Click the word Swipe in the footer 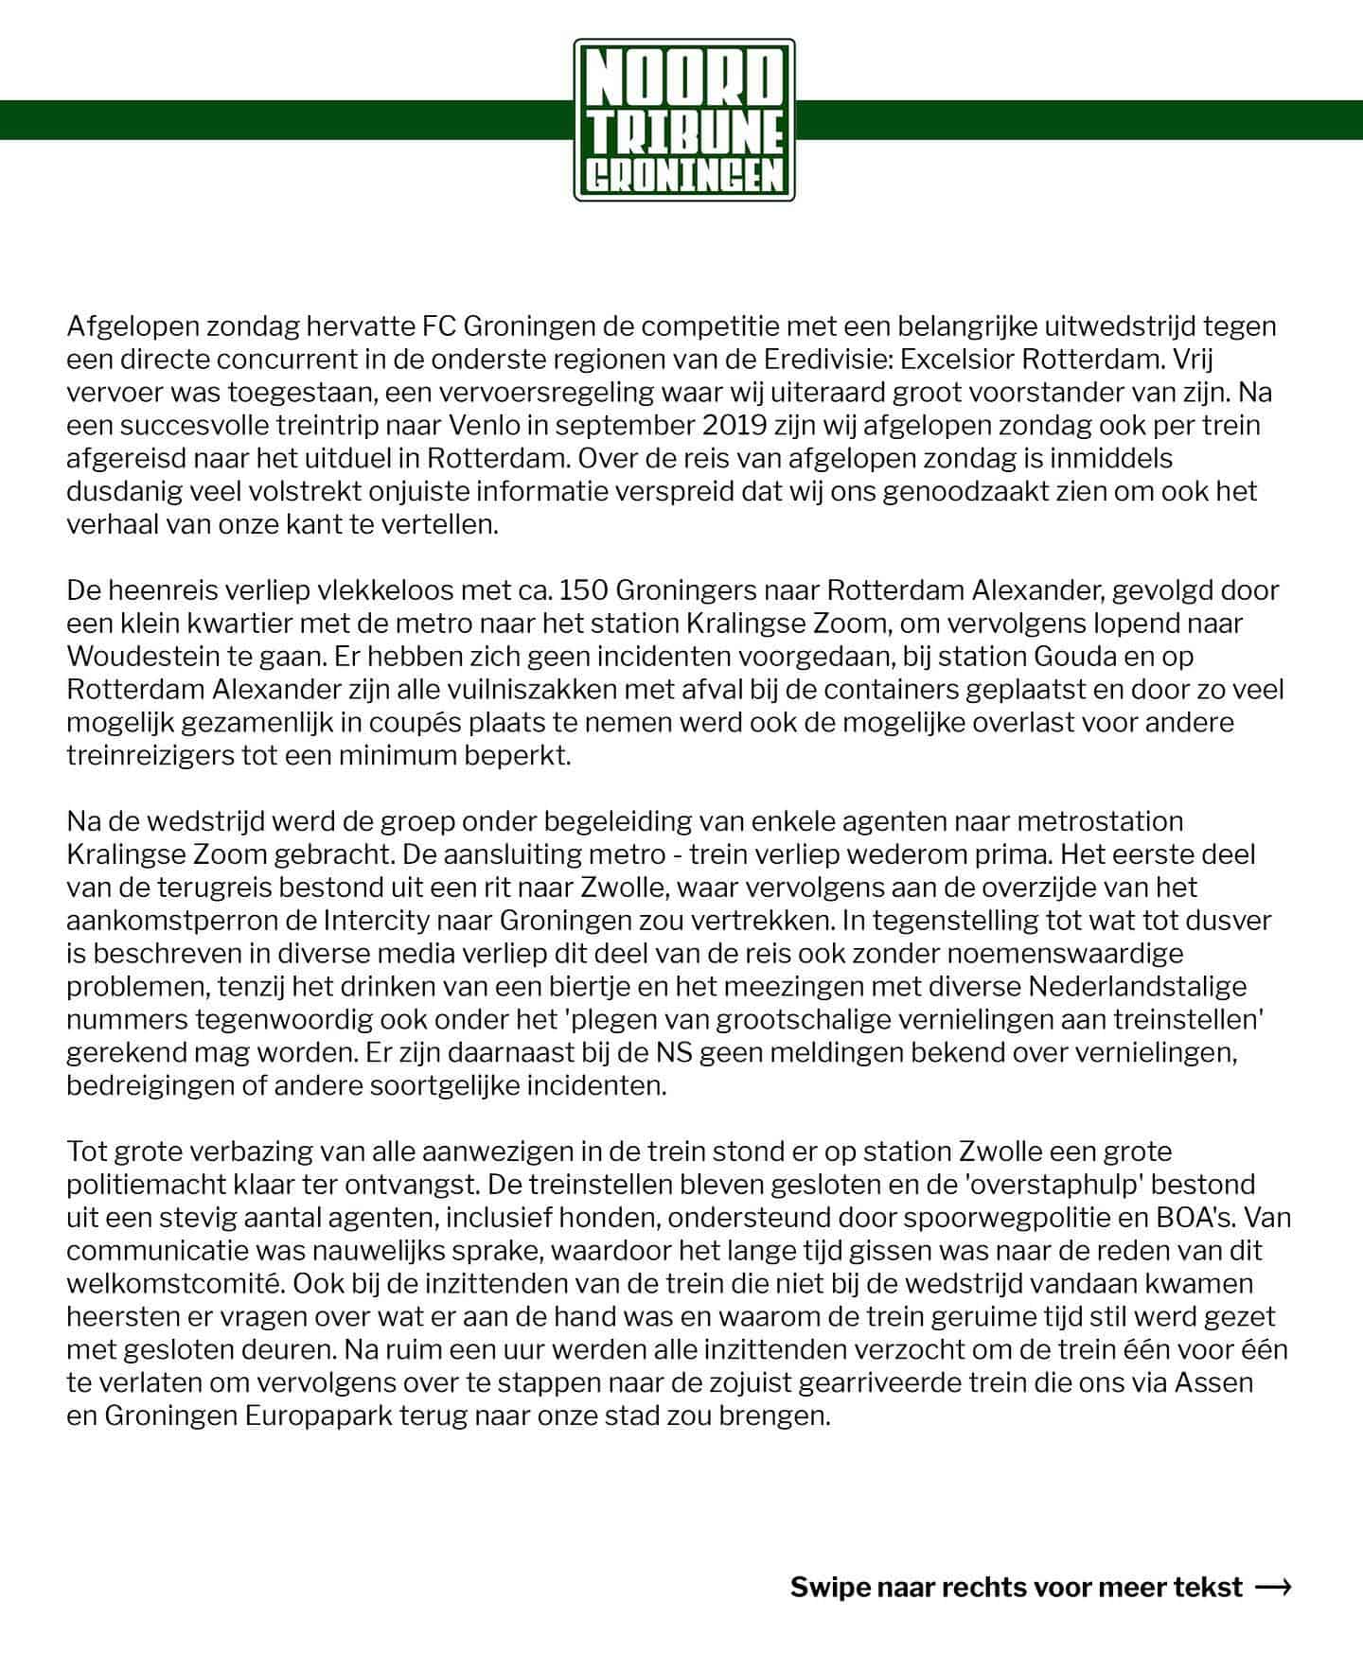point(829,1587)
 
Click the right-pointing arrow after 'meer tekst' point(1273,1587)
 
